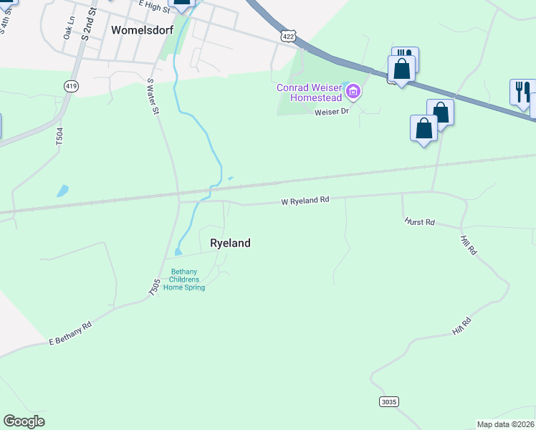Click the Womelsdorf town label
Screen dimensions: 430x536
tap(143, 30)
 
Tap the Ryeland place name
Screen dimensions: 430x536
tap(230, 243)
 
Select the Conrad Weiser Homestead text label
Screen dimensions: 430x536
tap(310, 93)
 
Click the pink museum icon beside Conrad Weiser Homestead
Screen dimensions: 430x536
tap(353, 91)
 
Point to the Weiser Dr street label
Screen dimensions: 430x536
tap(331, 111)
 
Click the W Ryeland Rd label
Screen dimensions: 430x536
tap(305, 201)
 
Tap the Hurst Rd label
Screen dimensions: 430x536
tap(419, 221)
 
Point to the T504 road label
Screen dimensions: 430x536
tap(59, 137)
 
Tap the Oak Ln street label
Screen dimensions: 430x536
tap(70, 35)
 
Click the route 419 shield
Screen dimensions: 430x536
tap(71, 86)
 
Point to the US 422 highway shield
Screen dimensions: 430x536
tap(288, 35)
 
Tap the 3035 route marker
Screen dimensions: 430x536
tap(388, 401)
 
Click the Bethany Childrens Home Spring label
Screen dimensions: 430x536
tap(184, 279)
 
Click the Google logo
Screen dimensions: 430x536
tap(24, 421)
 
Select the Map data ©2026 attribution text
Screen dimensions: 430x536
tap(506, 424)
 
